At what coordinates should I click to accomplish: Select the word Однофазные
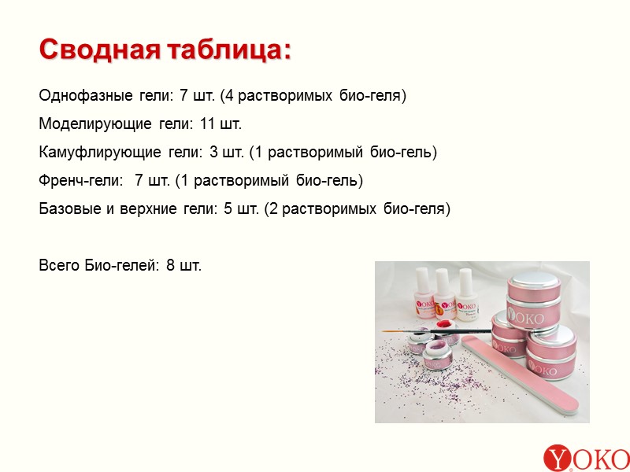(x=85, y=97)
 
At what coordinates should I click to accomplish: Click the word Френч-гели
(x=81, y=181)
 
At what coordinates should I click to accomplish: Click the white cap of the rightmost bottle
(x=465, y=279)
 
